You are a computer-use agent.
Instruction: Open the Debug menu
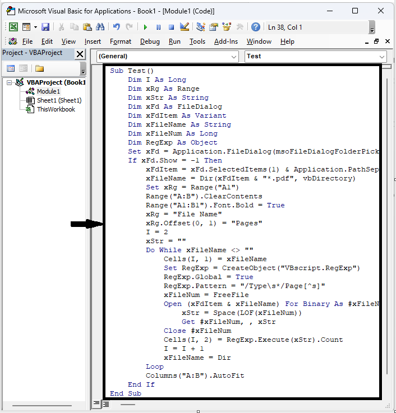(150, 41)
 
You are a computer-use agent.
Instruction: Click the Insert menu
(93, 41)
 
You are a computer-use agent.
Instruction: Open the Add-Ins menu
(226, 41)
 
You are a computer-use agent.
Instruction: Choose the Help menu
(287, 41)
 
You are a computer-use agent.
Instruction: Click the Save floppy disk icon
(45, 27)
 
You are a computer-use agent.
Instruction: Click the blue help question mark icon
(255, 27)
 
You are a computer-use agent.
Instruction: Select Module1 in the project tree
(48, 91)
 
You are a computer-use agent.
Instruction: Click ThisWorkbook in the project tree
(56, 109)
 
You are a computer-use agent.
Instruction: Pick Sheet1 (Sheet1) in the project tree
(59, 100)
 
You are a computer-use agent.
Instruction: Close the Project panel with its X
(80, 54)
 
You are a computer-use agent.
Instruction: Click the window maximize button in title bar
(355, 11)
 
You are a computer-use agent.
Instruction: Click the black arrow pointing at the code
(87, 225)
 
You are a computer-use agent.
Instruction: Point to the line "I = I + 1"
(184, 349)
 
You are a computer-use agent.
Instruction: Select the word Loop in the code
(155, 366)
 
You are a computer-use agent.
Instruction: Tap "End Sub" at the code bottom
(126, 393)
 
